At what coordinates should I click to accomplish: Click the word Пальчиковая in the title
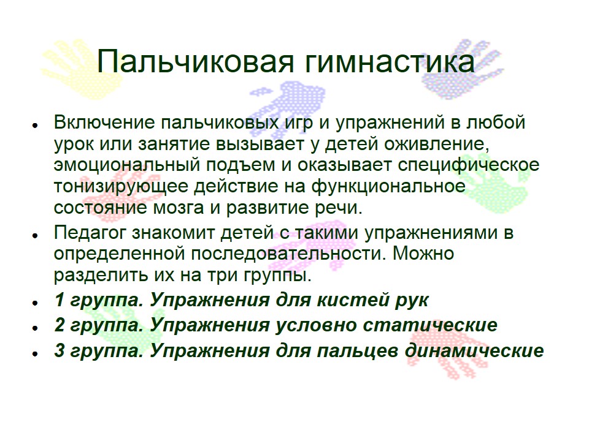pyautogui.click(x=195, y=61)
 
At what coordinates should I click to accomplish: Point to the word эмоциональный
pyautogui.click(x=126, y=165)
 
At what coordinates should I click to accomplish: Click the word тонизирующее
pyautogui.click(x=121, y=187)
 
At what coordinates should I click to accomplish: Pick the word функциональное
pyautogui.click(x=388, y=187)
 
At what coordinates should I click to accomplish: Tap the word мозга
pyautogui.click(x=178, y=208)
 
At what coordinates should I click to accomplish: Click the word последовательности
pyautogui.click(x=288, y=254)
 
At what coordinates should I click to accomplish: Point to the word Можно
pyautogui.click(x=423, y=254)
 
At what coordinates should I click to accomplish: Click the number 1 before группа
pyautogui.click(x=60, y=300)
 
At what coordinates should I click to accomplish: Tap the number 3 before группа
pyautogui.click(x=60, y=350)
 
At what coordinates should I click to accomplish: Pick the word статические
pyautogui.click(x=430, y=325)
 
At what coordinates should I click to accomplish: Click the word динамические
pyautogui.click(x=474, y=350)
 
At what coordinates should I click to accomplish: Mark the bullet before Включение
pyautogui.click(x=36, y=125)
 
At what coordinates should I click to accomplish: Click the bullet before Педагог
pyautogui.click(x=36, y=235)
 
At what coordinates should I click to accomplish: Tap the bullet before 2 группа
pyautogui.click(x=36, y=328)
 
